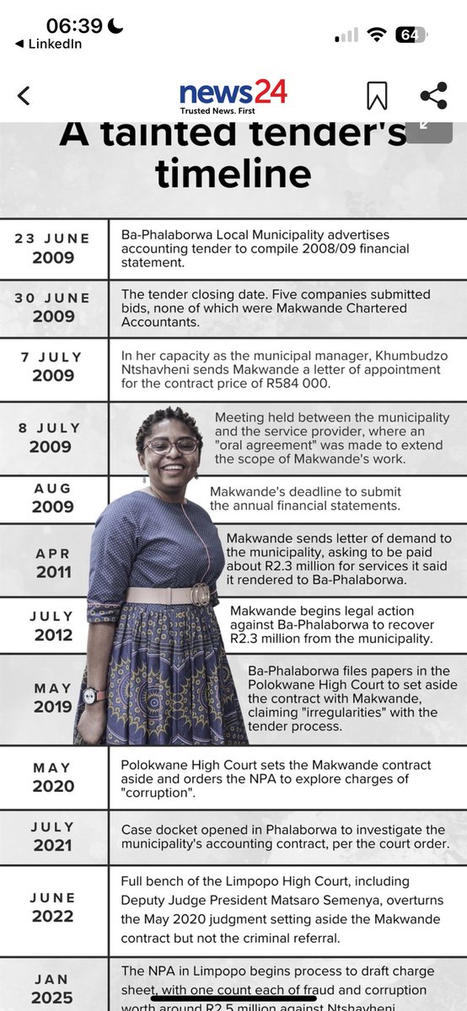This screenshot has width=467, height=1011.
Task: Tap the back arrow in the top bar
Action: (x=24, y=95)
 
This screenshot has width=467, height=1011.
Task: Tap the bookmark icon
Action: (x=376, y=95)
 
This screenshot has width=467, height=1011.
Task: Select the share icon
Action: (x=433, y=95)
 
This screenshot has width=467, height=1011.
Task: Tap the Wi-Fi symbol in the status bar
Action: (x=377, y=35)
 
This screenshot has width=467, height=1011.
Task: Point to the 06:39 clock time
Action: (x=73, y=27)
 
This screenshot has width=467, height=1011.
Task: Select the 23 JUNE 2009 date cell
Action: (x=53, y=249)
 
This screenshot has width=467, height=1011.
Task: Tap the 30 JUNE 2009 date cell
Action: (x=53, y=308)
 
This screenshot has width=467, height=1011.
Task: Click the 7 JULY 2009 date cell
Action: (x=53, y=367)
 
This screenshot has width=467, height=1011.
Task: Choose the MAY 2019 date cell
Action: (x=53, y=698)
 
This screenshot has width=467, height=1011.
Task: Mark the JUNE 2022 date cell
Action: (x=53, y=907)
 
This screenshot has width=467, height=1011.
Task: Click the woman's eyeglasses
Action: (x=172, y=445)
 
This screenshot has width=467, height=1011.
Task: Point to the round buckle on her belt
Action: (x=200, y=594)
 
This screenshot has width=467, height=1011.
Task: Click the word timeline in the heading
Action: (x=233, y=174)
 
